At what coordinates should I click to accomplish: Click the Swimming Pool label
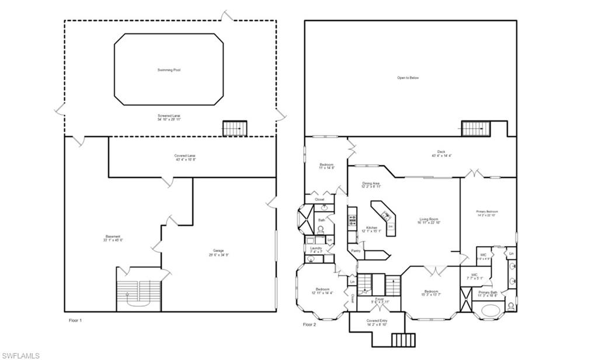169,70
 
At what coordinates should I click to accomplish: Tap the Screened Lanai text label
169,116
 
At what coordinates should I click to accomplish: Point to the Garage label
218,253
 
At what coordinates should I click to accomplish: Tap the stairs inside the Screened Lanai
235,128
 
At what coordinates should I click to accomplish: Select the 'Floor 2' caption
310,324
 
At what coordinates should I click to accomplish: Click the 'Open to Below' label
408,78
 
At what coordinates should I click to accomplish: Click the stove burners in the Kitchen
352,220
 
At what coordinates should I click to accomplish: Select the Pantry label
355,251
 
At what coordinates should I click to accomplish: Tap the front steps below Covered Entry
401,340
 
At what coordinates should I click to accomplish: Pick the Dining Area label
372,185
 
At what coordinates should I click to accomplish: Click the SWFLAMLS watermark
20,355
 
